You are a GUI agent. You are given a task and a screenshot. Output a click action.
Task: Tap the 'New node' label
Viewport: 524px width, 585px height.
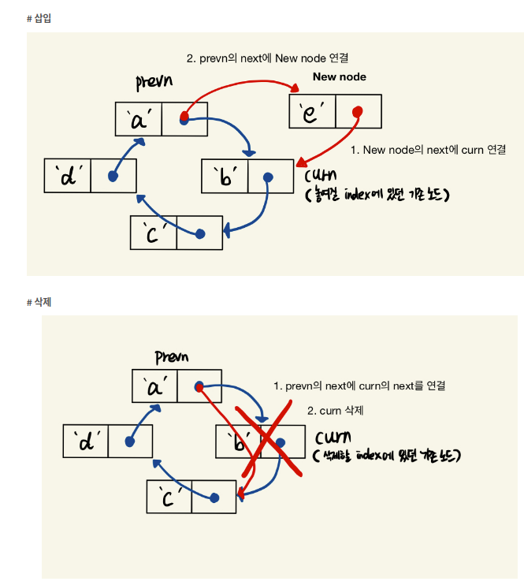[x=339, y=76]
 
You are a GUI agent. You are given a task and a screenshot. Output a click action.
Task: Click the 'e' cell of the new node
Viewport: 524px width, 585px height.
[x=313, y=112]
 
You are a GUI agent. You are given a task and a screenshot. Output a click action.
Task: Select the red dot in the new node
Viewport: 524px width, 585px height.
[x=358, y=111]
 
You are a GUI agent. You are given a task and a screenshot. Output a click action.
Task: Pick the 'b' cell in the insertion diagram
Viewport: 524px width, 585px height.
[x=225, y=177]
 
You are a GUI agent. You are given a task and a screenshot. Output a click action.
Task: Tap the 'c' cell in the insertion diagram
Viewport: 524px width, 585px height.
[x=153, y=232]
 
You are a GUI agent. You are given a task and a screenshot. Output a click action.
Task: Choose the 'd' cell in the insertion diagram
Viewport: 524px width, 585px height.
[x=68, y=176]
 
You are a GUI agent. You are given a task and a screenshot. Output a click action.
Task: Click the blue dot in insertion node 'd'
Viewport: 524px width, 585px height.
[x=113, y=177]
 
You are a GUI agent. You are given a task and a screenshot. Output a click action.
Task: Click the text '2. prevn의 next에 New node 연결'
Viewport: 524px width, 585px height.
[x=267, y=58]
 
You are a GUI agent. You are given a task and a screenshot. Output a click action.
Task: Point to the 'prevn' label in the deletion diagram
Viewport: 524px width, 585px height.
[x=171, y=356]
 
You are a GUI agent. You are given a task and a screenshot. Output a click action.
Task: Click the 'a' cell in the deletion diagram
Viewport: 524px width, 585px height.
[x=154, y=386]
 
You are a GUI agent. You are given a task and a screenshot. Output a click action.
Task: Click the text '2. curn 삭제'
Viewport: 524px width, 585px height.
[x=335, y=411]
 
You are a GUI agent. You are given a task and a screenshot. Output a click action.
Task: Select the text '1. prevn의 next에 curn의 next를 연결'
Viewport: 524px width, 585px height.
[x=359, y=386]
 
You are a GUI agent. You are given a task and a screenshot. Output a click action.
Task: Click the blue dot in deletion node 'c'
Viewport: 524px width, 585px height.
[x=214, y=497]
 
